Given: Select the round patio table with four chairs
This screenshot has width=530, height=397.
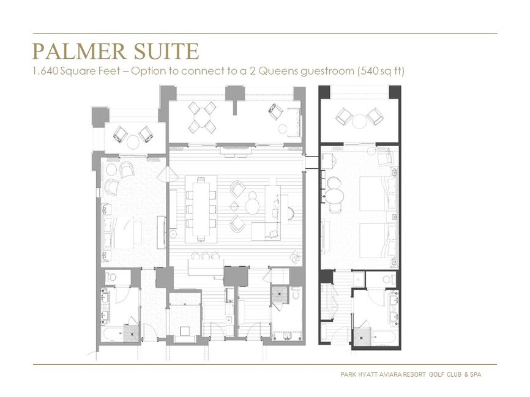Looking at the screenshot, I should tap(202, 117).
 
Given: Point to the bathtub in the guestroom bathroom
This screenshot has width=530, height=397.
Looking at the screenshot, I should tap(386, 338).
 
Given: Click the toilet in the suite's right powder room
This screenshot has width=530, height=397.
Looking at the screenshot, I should tap(295, 294).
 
